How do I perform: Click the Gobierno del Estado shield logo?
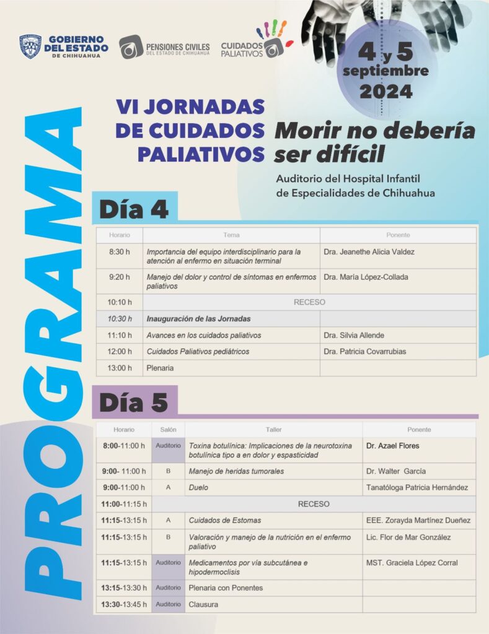[30, 46]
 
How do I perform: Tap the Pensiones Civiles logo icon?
[131, 47]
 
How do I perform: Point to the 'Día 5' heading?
[134, 402]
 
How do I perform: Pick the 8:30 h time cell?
[120, 252]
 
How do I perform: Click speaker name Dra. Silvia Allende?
[354, 336]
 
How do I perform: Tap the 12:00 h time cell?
[120, 352]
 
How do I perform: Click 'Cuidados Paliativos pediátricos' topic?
[198, 352]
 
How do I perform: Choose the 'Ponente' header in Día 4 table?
[398, 235]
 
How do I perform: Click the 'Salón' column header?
[168, 430]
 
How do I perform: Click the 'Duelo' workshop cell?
[198, 487]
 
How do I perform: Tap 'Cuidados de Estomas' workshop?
[224, 520]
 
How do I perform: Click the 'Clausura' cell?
[203, 604]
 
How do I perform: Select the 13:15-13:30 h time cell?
[125, 588]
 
